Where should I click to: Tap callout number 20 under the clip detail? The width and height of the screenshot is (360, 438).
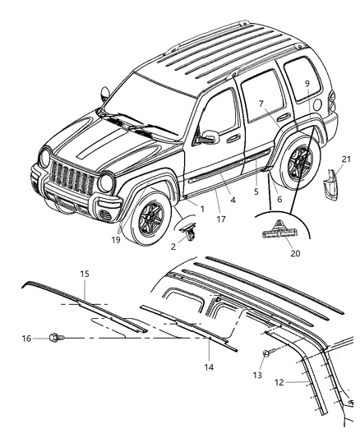click(x=295, y=253)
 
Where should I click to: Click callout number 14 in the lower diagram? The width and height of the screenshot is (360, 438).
click(x=209, y=367)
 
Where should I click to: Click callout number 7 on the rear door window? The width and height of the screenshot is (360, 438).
click(x=260, y=104)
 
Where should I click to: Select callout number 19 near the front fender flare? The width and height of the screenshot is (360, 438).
click(x=117, y=240)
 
